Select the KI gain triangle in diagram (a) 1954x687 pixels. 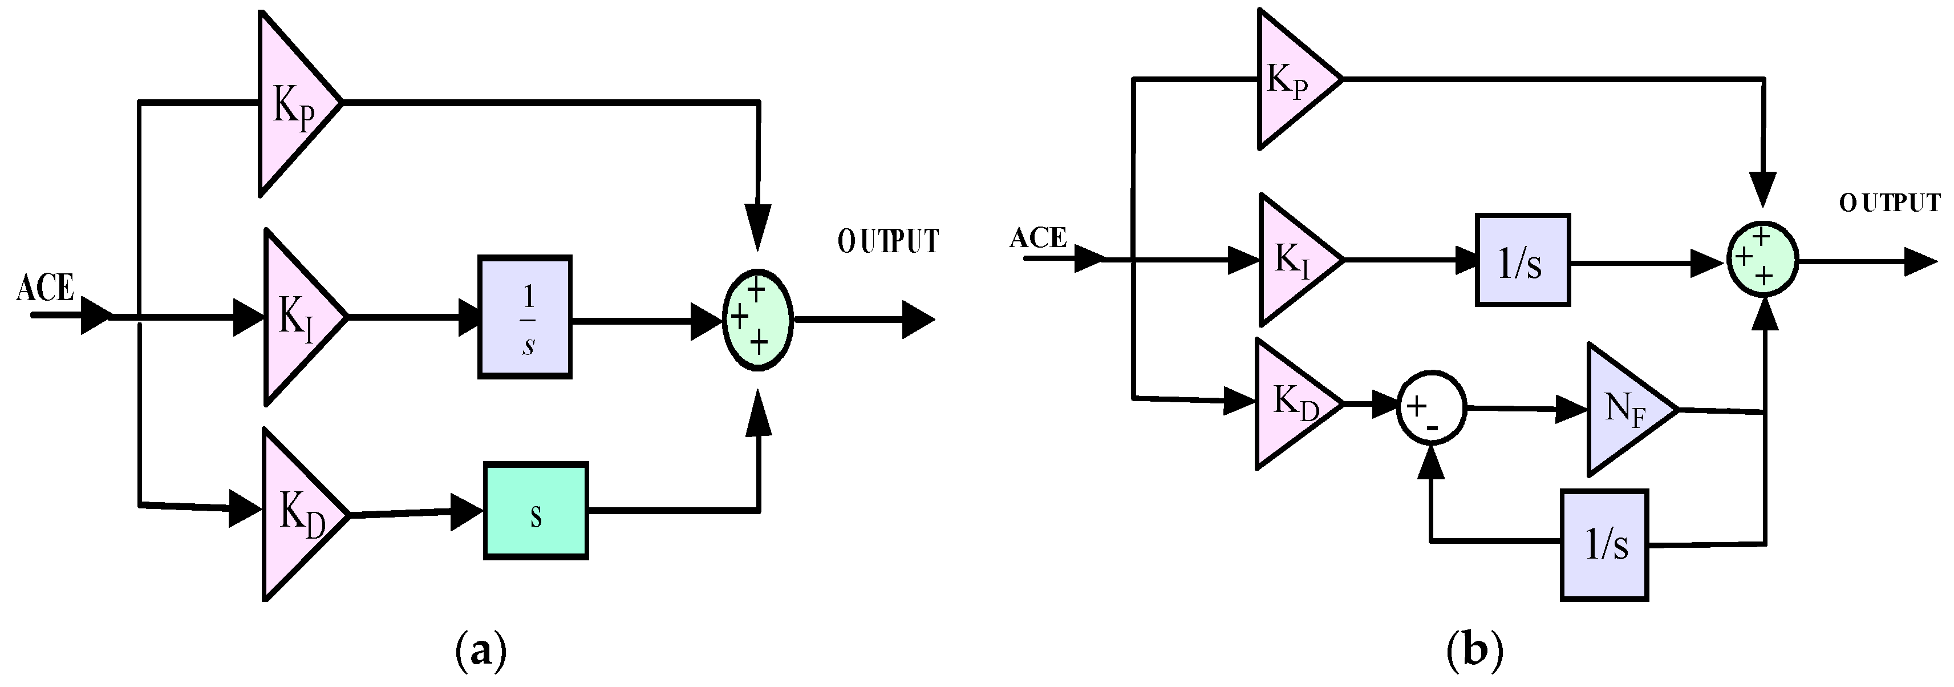(x=297, y=317)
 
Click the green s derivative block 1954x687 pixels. (x=536, y=511)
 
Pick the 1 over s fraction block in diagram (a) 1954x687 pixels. (x=524, y=317)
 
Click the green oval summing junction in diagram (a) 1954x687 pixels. (x=757, y=320)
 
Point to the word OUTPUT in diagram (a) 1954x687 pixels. (x=887, y=241)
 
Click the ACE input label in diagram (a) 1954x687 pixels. (x=46, y=289)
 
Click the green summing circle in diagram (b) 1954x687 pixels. (x=1762, y=260)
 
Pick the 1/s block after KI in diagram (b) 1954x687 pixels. (x=1522, y=260)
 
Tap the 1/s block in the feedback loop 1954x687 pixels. (x=1604, y=545)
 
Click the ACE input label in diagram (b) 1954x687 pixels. (x=1037, y=239)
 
